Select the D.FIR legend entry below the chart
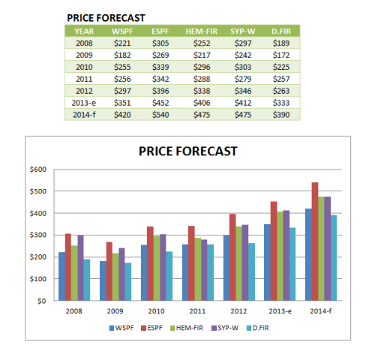click(x=259, y=327)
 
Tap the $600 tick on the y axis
click(x=37, y=169)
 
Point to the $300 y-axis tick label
click(x=37, y=235)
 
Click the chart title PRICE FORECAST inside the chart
click(x=187, y=151)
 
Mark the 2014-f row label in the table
click(x=82, y=115)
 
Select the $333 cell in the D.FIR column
click(x=282, y=103)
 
